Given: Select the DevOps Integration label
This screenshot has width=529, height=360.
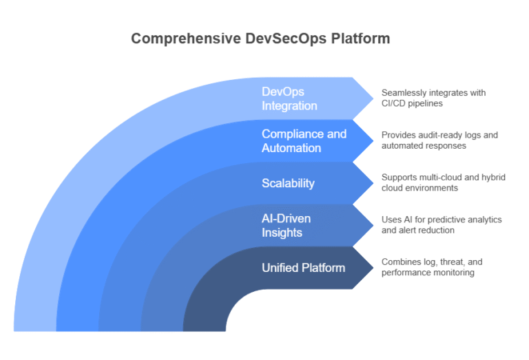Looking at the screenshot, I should pos(289,98).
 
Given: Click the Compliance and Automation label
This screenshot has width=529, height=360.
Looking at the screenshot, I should pos(304,140).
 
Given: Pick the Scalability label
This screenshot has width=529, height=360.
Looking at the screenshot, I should pos(288,183).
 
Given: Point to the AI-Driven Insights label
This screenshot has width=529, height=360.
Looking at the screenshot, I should pos(286,225).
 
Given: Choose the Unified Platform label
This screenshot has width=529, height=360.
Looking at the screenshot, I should pos(303,267).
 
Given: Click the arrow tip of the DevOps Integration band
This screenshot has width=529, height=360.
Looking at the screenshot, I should pos(372,98).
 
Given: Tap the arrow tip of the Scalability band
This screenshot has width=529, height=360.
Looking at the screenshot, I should pos(372,182).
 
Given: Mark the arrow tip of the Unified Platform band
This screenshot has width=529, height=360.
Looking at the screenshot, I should pos(372,267).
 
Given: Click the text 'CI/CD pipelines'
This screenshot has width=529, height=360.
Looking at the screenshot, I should pos(414,103).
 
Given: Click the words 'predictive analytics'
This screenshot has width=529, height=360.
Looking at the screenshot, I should pos(461,220).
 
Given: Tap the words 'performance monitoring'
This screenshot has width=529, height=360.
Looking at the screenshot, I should pos(428,273).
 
